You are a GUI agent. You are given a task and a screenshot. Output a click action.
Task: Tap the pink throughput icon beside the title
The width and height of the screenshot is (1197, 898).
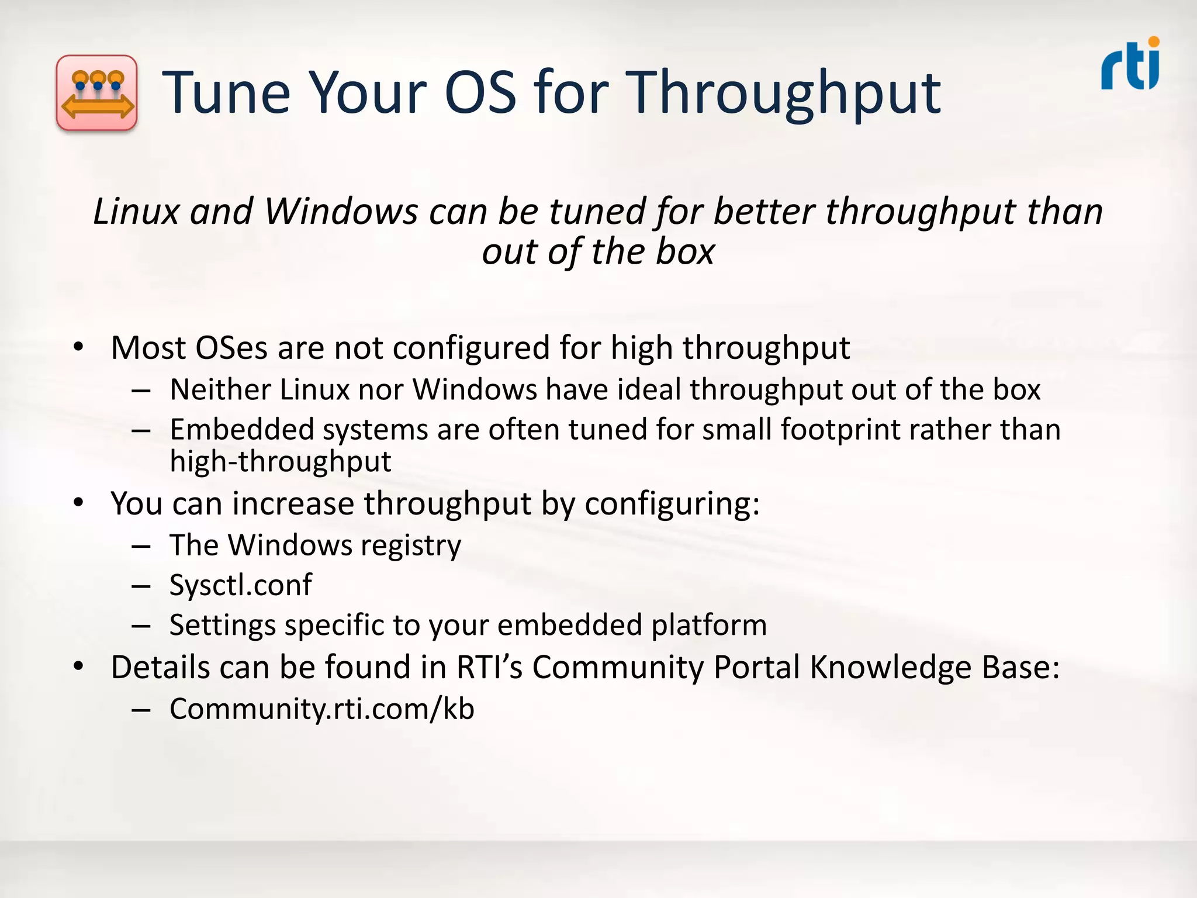tap(97, 93)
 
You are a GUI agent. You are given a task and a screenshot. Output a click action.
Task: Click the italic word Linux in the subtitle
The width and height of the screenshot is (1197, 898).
tap(136, 211)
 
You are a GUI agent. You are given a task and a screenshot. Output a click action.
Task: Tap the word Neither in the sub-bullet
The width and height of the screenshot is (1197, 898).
tap(220, 389)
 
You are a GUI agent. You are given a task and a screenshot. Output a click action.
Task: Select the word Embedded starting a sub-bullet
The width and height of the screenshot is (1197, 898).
tap(241, 429)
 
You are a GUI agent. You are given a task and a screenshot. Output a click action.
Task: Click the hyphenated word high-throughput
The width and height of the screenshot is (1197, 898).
tap(280, 462)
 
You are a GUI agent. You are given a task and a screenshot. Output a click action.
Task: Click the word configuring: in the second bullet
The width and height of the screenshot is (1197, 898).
tap(672, 504)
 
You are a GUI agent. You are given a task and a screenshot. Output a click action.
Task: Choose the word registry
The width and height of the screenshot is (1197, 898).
tap(410, 546)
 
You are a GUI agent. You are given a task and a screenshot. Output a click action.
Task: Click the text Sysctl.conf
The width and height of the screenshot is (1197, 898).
tap(241, 585)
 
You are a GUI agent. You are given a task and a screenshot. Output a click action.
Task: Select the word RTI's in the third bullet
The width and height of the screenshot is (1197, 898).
tap(489, 667)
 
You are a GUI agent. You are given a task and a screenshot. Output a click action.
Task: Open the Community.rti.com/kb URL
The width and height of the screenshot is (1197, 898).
tap(321, 709)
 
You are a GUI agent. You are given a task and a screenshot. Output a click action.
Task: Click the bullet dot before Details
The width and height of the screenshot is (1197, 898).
tap(79, 666)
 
